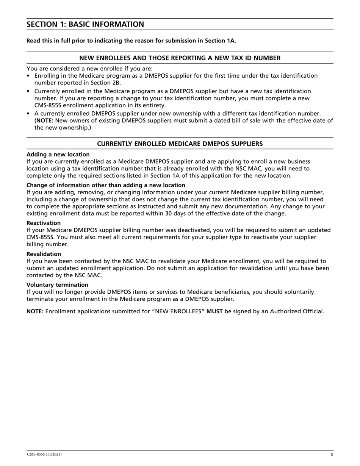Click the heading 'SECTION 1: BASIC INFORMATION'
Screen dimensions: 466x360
(x=85, y=25)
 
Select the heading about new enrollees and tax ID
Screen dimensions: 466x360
(x=180, y=58)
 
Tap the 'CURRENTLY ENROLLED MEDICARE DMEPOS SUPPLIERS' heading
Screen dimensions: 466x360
(x=180, y=144)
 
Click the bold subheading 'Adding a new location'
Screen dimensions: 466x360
(x=58, y=154)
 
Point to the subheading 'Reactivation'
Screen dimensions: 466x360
(x=44, y=223)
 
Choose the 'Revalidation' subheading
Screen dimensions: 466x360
(x=44, y=254)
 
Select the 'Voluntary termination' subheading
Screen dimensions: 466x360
(x=57, y=285)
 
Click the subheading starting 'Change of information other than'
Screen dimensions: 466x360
(x=106, y=185)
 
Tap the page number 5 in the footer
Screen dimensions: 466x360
(x=332, y=454)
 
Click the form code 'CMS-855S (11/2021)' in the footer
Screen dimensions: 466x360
(x=44, y=454)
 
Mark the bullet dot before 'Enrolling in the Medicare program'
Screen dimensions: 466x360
(x=28, y=76)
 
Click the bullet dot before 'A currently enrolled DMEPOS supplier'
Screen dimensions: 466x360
(x=28, y=113)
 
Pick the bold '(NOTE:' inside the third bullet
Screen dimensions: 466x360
(x=44, y=120)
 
